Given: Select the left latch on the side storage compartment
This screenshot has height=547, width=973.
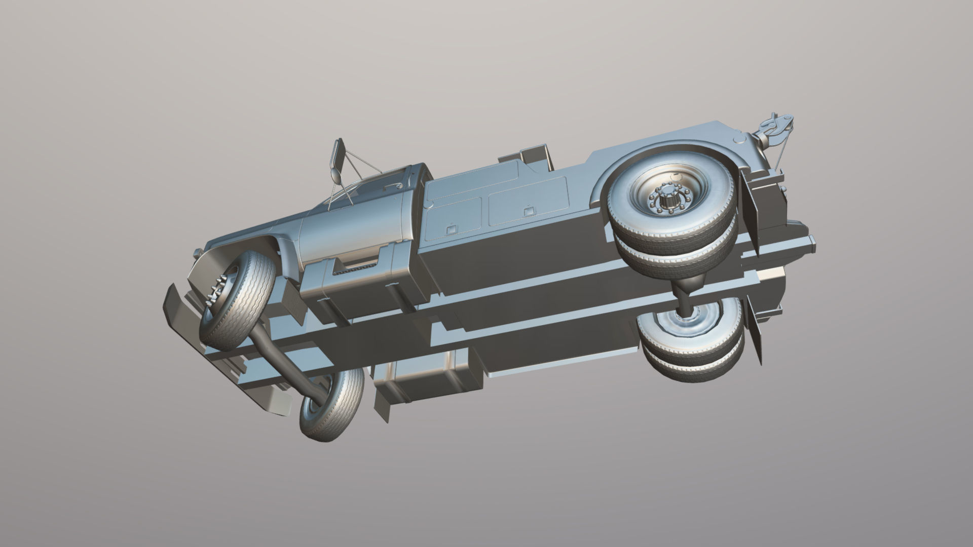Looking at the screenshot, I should point(449,229).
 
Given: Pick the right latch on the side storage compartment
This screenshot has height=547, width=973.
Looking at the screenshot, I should point(529,209).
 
